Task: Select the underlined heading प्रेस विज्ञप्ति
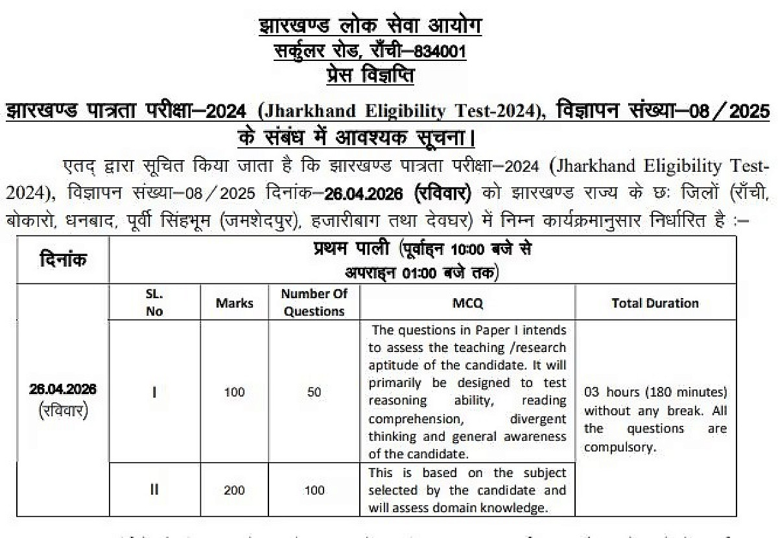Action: (370, 75)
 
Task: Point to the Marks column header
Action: (235, 303)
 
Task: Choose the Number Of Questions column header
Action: (314, 303)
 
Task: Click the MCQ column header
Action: (467, 303)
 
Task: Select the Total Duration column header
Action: (655, 303)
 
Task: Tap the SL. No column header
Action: (154, 303)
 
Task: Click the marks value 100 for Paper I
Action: (235, 392)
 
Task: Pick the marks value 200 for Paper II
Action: (235, 490)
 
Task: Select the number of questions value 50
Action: (314, 392)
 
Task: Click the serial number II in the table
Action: (154, 490)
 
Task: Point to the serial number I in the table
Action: (154, 392)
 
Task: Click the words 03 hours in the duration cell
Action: (609, 393)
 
